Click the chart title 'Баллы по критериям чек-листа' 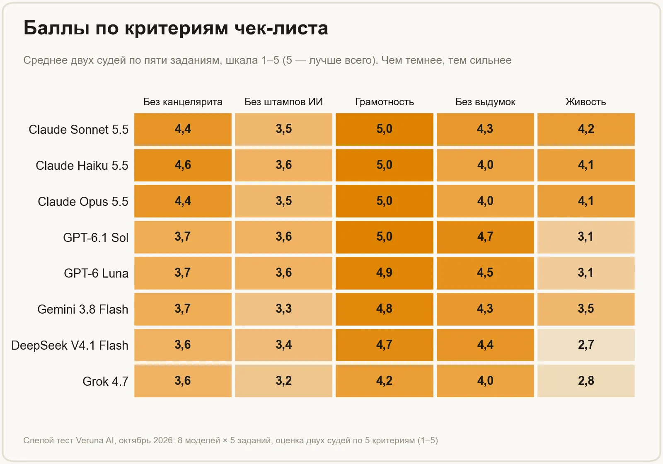(176, 29)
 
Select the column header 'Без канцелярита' (183, 102)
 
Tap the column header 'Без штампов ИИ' (283, 102)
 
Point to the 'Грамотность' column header (385, 102)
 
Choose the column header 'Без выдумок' (485, 102)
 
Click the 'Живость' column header (586, 102)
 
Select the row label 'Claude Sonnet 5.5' (78, 130)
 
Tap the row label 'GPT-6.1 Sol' (96, 237)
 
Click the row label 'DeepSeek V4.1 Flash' (70, 346)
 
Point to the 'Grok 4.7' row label (105, 382)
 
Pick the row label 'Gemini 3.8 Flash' (83, 309)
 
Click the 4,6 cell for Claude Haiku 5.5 (183, 165)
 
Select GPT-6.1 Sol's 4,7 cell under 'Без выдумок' (485, 237)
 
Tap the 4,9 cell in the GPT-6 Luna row (385, 273)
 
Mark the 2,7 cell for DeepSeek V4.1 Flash (586, 345)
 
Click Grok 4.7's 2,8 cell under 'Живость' (586, 381)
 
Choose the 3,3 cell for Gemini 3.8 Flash (283, 309)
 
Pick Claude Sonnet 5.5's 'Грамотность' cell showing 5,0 (385, 129)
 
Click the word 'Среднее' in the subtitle (45, 60)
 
